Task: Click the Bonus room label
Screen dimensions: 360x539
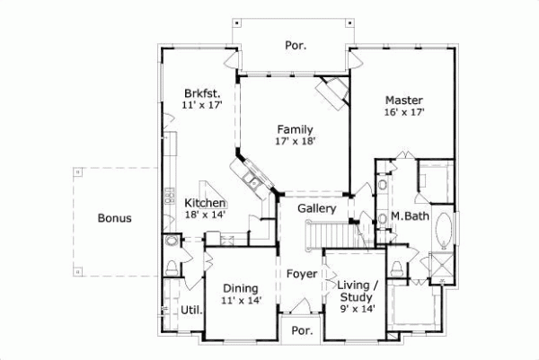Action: click(115, 217)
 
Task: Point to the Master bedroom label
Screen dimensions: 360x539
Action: click(404, 100)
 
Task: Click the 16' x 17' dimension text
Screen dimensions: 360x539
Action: click(404, 113)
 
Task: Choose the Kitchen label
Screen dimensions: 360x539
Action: click(206, 203)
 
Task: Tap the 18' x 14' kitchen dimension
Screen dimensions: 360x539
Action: click(206, 215)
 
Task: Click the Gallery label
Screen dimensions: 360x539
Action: click(317, 208)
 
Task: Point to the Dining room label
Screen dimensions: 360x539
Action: click(241, 288)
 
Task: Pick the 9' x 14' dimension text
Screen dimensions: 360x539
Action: click(357, 308)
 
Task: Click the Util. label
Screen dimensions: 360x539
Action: click(190, 311)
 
